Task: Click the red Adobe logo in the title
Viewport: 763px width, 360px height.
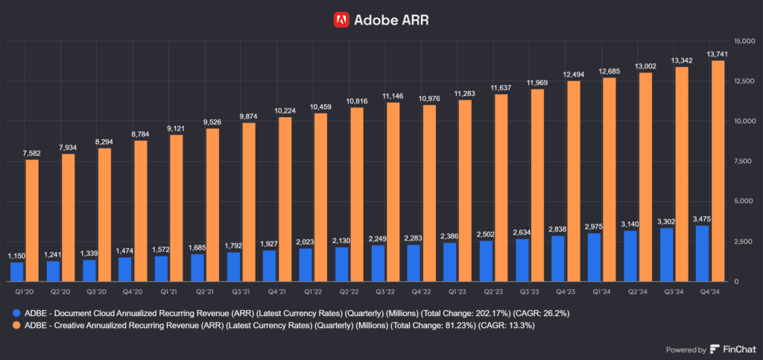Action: point(341,20)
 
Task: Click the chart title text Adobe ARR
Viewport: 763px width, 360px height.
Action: point(391,20)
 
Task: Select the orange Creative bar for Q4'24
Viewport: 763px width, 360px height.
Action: point(718,171)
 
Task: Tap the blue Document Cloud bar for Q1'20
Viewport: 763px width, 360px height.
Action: point(16,271)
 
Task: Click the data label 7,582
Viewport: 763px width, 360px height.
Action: point(32,154)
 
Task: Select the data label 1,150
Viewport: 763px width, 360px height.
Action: point(16,256)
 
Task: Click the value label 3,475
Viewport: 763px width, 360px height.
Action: point(702,218)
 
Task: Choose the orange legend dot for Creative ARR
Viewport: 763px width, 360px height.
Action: point(17,326)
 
